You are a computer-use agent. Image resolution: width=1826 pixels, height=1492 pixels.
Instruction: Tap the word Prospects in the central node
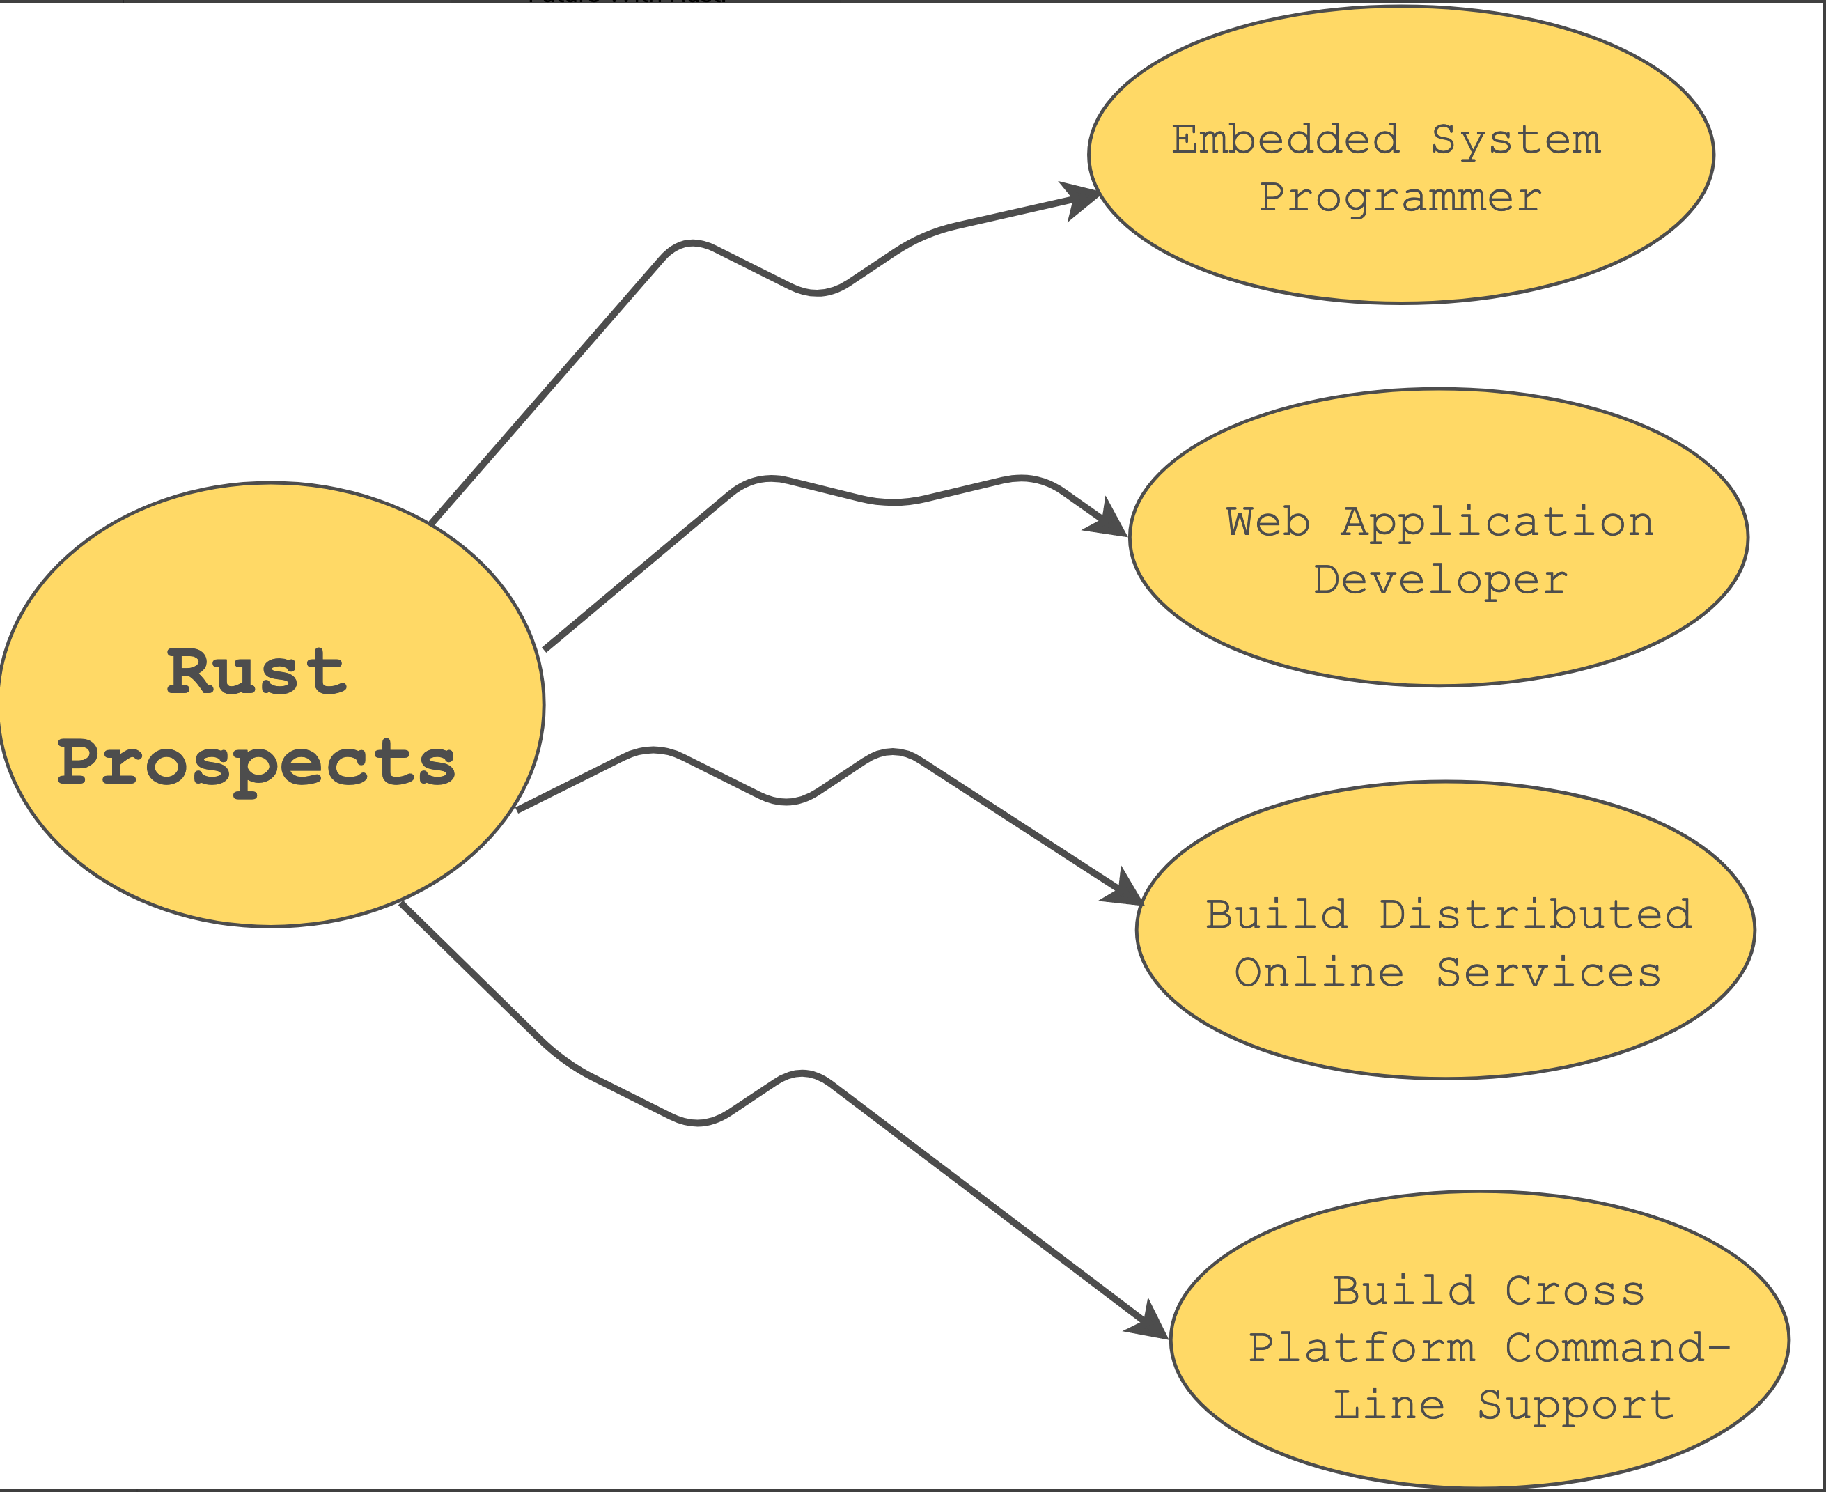(x=256, y=764)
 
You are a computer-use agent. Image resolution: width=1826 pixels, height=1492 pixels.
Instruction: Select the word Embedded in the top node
(x=1286, y=139)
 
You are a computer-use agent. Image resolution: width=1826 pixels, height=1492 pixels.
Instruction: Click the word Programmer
(x=1400, y=198)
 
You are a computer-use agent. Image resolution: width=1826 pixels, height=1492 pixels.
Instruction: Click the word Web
(x=1268, y=522)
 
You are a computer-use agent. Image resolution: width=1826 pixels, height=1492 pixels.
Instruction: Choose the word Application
(x=1497, y=523)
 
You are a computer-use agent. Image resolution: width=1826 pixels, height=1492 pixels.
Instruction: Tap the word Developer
(x=1441, y=580)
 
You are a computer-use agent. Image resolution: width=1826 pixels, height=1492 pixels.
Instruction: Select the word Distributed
(x=1536, y=914)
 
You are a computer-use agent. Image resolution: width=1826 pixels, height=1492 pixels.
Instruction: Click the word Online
(x=1320, y=972)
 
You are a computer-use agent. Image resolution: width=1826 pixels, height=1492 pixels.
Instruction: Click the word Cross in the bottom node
(x=1575, y=1291)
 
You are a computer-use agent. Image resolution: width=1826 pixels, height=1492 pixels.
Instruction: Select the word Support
(x=1576, y=1405)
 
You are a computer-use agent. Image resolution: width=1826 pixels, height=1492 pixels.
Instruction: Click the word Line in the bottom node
(x=1389, y=1405)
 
